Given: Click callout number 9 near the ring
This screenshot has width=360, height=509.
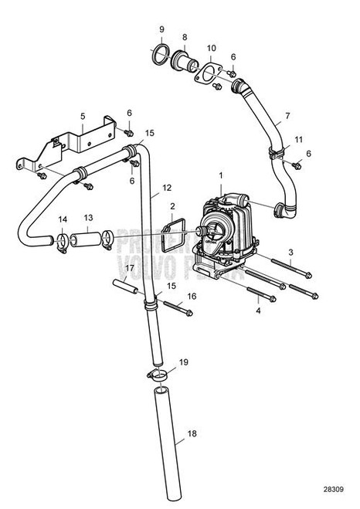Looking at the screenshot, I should pos(161,30).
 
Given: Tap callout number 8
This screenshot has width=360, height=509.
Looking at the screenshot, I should pos(184,36).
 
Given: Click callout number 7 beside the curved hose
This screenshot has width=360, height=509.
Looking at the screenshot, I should pos(287,117).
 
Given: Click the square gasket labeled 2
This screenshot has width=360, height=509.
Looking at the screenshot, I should pos(175,234).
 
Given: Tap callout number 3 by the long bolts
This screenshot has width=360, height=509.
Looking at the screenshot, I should pos(290,252).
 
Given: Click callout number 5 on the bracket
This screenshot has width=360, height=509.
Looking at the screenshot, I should pos(82,117).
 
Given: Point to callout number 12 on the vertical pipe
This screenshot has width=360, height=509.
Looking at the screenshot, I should pos(168,188).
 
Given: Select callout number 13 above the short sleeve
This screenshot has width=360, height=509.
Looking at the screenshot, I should pos(89,219).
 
